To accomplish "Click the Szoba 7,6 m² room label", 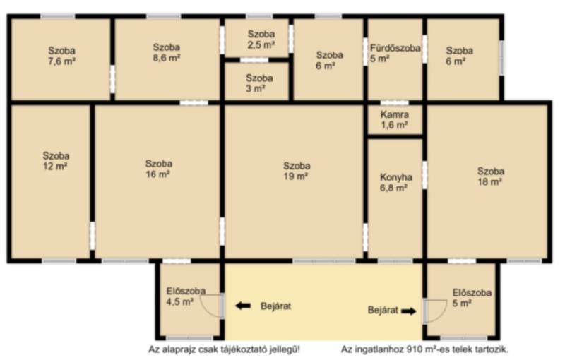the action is click(x=61, y=56).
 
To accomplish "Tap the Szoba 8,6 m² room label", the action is click(x=167, y=52).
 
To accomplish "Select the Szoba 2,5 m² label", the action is click(x=261, y=40).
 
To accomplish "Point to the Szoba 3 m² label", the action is click(x=259, y=83).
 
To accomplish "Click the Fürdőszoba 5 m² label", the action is click(x=395, y=53).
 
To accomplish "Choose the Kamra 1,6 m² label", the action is click(x=395, y=120).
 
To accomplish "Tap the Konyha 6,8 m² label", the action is click(x=395, y=183).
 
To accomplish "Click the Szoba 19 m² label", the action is click(x=297, y=171).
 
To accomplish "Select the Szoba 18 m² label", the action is click(x=490, y=176).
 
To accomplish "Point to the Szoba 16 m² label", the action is click(x=158, y=169).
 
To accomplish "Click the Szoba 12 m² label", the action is click(x=56, y=161).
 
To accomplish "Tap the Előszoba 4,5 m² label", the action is click(x=186, y=296).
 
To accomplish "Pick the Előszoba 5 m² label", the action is click(x=472, y=298).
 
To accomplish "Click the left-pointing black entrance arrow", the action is click(x=243, y=306).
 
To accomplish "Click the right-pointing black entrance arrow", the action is click(x=409, y=311).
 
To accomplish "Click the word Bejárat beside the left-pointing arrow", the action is click(x=275, y=306).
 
